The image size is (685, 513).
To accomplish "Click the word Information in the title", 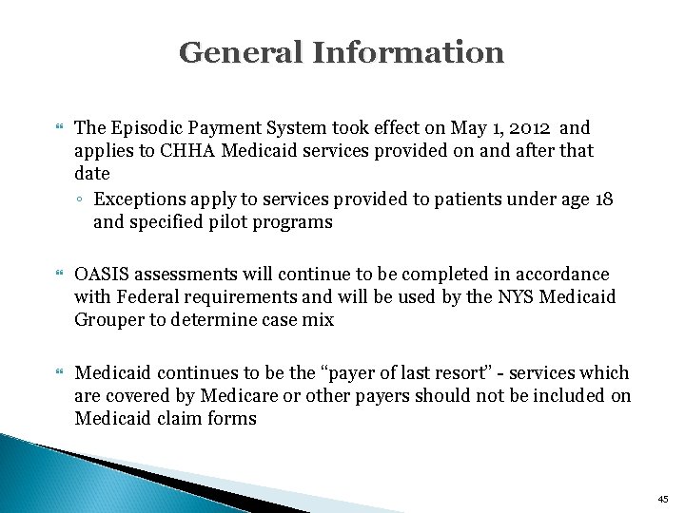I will tap(408, 52).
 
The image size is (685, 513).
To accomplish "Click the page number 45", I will tap(662, 499).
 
